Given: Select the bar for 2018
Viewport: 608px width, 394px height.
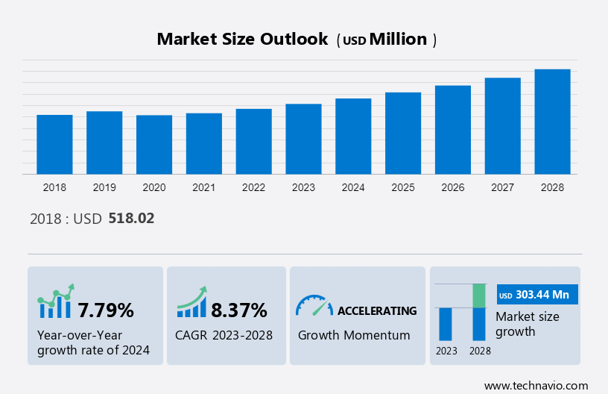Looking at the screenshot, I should [54, 145].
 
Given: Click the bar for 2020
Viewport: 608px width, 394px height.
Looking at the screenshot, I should [154, 145].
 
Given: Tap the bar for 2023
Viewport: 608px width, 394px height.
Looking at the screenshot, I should [303, 140].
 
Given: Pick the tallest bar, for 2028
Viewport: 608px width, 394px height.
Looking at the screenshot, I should [552, 122].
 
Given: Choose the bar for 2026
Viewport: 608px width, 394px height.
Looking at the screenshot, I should [453, 130].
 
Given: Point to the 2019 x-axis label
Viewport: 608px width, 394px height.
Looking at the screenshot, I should [104, 187].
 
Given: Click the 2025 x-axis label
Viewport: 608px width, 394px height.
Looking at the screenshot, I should [403, 187].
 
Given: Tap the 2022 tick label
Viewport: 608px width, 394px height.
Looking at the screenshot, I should [253, 187].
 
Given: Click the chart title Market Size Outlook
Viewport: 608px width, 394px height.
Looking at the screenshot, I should [242, 40].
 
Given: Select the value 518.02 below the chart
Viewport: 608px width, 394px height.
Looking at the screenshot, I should [131, 219].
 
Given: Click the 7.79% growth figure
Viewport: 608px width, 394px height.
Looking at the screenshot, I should [106, 310].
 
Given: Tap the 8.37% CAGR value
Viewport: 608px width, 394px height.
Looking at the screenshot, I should [238, 310].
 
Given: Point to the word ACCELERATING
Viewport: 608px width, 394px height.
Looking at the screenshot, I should [377, 310].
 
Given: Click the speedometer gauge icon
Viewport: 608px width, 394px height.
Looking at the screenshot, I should [314, 304].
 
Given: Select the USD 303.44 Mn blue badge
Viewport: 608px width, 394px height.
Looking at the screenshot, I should [536, 295].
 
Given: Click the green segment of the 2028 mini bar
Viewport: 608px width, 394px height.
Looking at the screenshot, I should [479, 295].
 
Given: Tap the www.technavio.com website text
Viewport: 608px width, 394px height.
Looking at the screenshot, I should [536, 385].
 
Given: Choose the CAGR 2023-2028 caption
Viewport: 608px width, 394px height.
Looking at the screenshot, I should [224, 335].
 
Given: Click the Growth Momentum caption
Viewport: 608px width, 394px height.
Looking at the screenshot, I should [354, 335].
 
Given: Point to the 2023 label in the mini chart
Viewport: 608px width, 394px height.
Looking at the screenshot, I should [446, 351].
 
